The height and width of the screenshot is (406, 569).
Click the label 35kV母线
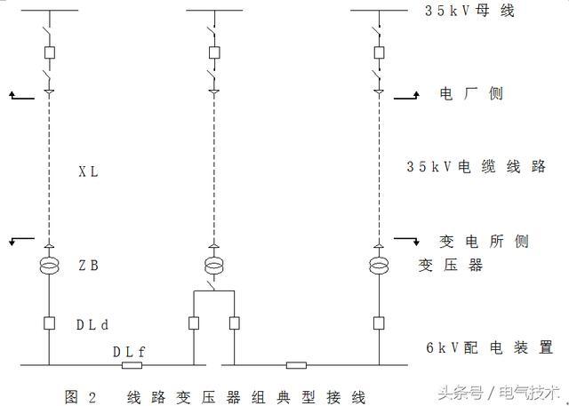pyautogui.click(x=471, y=12)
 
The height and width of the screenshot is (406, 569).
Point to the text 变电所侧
pyautogui.click(x=485, y=242)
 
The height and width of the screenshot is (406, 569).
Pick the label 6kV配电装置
pyautogui.click(x=489, y=347)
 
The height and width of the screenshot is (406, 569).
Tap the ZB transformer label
pyautogui.click(x=88, y=265)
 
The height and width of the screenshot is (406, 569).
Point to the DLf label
pyautogui.click(x=129, y=352)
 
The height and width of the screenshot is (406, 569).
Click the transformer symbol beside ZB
pyautogui.click(x=50, y=265)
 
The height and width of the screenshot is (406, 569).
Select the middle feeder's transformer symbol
pyautogui.click(x=213, y=265)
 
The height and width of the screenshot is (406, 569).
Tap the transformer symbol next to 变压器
pyautogui.click(x=379, y=265)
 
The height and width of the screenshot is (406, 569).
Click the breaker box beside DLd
pyautogui.click(x=50, y=324)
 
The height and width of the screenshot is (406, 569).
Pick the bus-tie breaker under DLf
pyautogui.click(x=132, y=364)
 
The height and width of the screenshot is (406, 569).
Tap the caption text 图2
pyautogui.click(x=78, y=395)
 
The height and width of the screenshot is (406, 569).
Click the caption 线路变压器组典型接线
pyautogui.click(x=246, y=395)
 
